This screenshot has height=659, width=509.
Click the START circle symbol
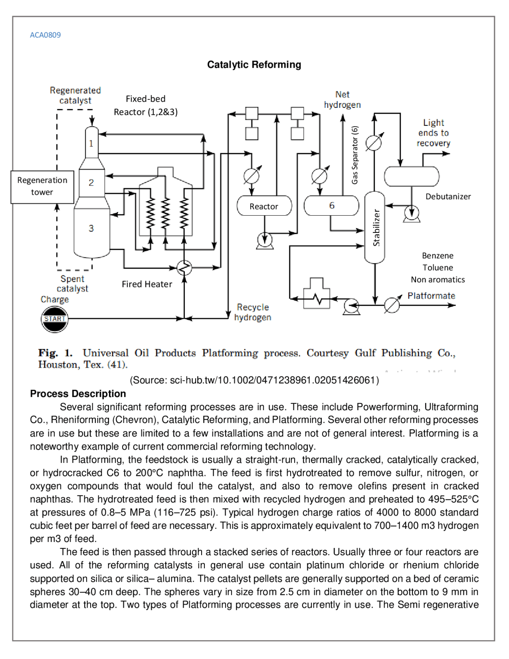click(54, 319)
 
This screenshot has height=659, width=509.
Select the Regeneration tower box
click(42, 187)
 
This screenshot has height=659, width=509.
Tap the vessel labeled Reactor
click(264, 206)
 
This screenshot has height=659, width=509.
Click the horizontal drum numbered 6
click(331, 206)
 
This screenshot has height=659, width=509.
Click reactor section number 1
click(91, 143)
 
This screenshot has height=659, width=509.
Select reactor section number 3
click(91, 228)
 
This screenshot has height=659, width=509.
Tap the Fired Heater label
click(147, 284)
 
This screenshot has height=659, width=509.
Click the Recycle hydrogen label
click(253, 312)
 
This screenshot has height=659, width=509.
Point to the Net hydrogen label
click(342, 99)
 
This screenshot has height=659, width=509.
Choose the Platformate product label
click(431, 296)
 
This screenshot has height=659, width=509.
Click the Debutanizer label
click(448, 197)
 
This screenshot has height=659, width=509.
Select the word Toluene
click(437, 267)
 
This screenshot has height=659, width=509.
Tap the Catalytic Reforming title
click(254, 64)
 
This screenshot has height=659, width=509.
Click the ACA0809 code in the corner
click(45, 35)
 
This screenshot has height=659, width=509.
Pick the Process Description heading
click(78, 394)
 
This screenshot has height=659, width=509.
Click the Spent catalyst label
click(72, 283)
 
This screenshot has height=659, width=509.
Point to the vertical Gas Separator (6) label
click(355, 155)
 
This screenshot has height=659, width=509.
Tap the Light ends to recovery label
click(433, 133)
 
